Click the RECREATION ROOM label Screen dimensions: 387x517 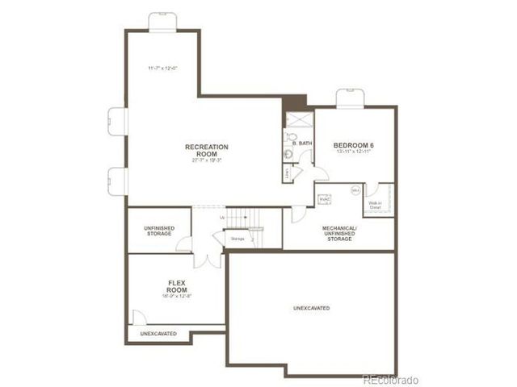pyautogui.click(x=207, y=150)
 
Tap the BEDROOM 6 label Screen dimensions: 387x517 pyautogui.click(x=353, y=145)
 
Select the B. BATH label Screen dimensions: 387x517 pyautogui.click(x=302, y=144)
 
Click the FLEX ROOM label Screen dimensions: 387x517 pyautogui.click(x=177, y=285)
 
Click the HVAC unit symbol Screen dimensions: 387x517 pyautogui.click(x=325, y=199)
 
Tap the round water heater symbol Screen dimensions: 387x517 pyautogui.click(x=355, y=190)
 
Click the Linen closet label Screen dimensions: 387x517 pyautogui.click(x=288, y=172)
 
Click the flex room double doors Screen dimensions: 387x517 pyautogui.click(x=207, y=260)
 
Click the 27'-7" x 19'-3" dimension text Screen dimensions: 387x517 pyautogui.click(x=207, y=160)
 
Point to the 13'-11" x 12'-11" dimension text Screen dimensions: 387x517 pyautogui.click(x=353, y=152)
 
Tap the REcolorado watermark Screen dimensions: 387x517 pyautogui.click(x=390, y=379)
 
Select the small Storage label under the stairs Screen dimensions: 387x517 pyautogui.click(x=237, y=239)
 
